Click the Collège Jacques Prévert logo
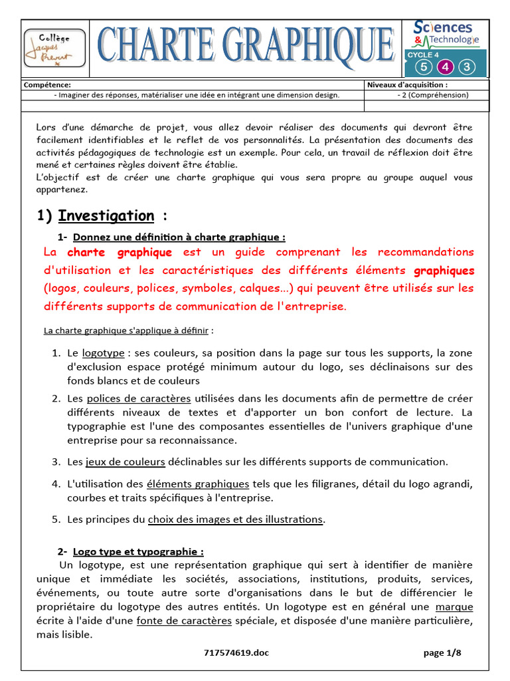pos(54,49)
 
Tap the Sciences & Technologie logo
pos(446,33)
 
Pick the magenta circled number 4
pos(445,67)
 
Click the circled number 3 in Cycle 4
pos(467,67)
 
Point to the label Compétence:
pos(47,85)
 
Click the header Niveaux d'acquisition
pos(407,85)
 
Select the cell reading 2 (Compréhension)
pos(432,95)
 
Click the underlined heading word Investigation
pos(106,215)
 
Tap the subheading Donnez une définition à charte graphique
pos(179,237)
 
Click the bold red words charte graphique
pos(120,253)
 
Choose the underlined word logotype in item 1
pos(103,353)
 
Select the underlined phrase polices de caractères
pos(139,398)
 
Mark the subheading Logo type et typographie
pos(138,551)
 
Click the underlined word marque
pos(454,607)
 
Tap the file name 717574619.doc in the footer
pos(236,653)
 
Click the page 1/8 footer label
pos(442,653)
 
